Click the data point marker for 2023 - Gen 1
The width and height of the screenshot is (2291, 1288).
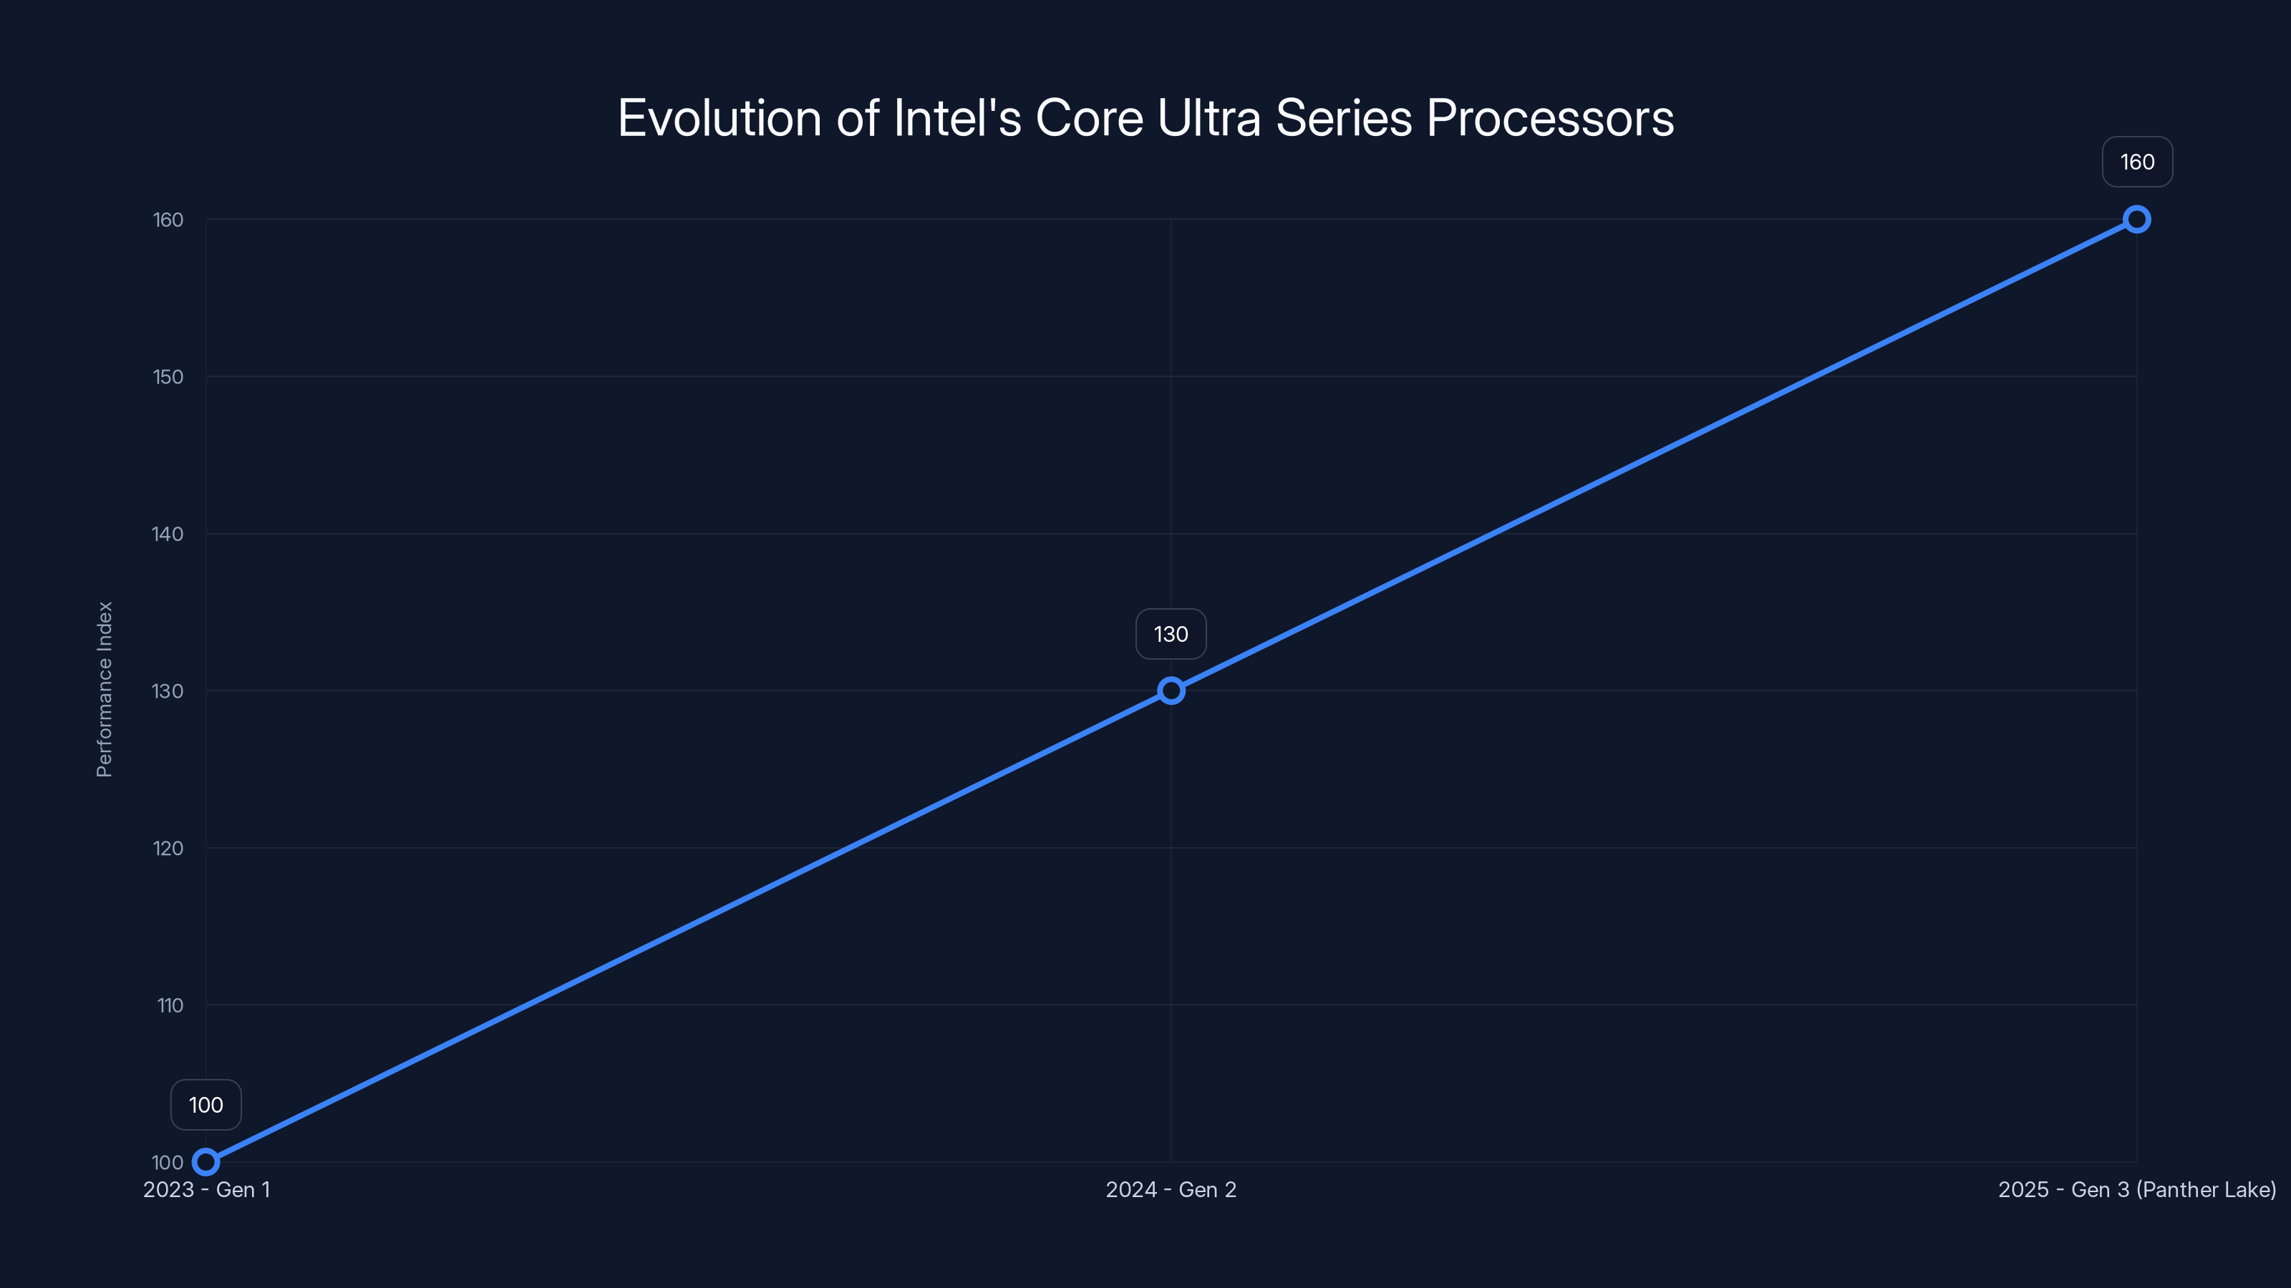coord(205,1162)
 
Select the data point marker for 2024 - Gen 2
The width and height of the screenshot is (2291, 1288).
coord(1171,691)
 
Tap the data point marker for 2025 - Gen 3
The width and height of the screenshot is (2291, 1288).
coord(2136,220)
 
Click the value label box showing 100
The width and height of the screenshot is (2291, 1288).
coord(205,1105)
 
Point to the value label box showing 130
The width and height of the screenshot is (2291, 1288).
coord(1171,634)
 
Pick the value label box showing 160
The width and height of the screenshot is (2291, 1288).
coord(2136,162)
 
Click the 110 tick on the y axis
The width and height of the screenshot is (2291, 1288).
coord(170,1005)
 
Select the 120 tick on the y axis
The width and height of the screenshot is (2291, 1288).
coord(168,848)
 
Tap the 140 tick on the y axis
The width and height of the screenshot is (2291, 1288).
coord(168,535)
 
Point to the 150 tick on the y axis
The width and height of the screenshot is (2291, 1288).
coord(168,377)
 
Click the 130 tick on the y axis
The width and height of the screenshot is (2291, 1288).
coord(168,691)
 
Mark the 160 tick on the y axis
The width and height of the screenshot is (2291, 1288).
coord(168,220)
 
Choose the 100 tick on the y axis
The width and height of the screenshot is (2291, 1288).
coord(168,1163)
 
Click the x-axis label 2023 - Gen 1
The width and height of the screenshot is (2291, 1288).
coord(206,1189)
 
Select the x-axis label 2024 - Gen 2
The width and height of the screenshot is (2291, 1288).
coord(1171,1189)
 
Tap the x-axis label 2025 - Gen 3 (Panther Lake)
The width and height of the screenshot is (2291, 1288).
coord(2136,1189)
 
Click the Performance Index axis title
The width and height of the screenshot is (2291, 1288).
coord(105,690)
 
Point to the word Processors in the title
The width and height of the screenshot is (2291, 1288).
coord(1550,118)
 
